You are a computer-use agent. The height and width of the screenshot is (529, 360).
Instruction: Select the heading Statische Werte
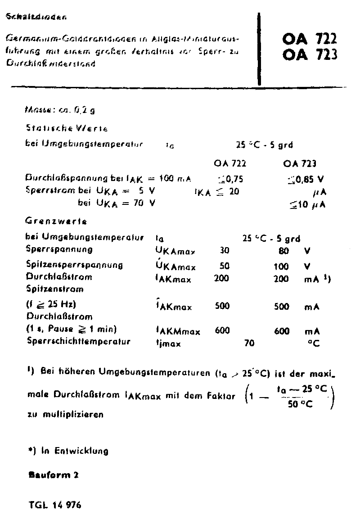[x=67, y=128]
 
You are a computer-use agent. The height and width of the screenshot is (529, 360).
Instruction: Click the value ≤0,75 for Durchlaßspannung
[x=230, y=179]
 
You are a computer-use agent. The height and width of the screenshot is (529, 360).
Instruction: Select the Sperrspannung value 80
[x=283, y=250]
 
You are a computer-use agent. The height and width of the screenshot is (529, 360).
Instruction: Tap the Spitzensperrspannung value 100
[x=281, y=267]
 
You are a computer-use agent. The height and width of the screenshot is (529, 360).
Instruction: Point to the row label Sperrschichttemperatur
[x=78, y=341]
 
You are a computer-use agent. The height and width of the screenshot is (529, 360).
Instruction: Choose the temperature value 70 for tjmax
[x=249, y=344]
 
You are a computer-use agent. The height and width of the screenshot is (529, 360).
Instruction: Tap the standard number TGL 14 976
[x=54, y=505]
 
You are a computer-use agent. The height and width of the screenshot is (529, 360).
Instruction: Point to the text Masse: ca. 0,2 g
[x=63, y=109]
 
